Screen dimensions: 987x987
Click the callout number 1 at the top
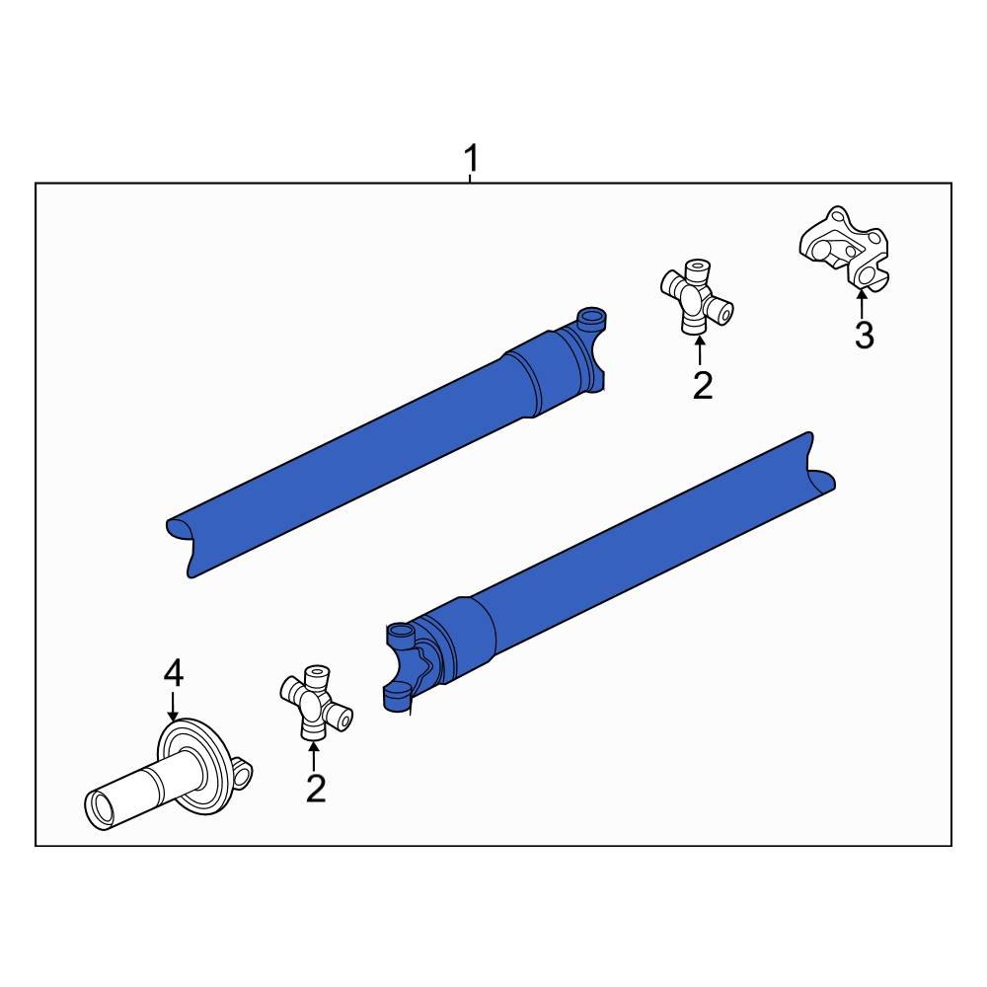click(x=472, y=157)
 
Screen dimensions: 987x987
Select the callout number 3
click(x=864, y=336)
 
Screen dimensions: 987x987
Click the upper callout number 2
click(x=702, y=385)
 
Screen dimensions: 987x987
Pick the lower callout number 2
click(x=315, y=788)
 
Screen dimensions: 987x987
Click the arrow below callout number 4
click(x=173, y=705)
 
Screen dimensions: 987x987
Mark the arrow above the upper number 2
click(x=700, y=350)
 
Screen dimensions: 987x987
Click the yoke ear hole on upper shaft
click(x=591, y=318)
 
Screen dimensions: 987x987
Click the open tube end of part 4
click(x=100, y=811)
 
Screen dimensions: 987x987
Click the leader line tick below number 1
click(x=471, y=178)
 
